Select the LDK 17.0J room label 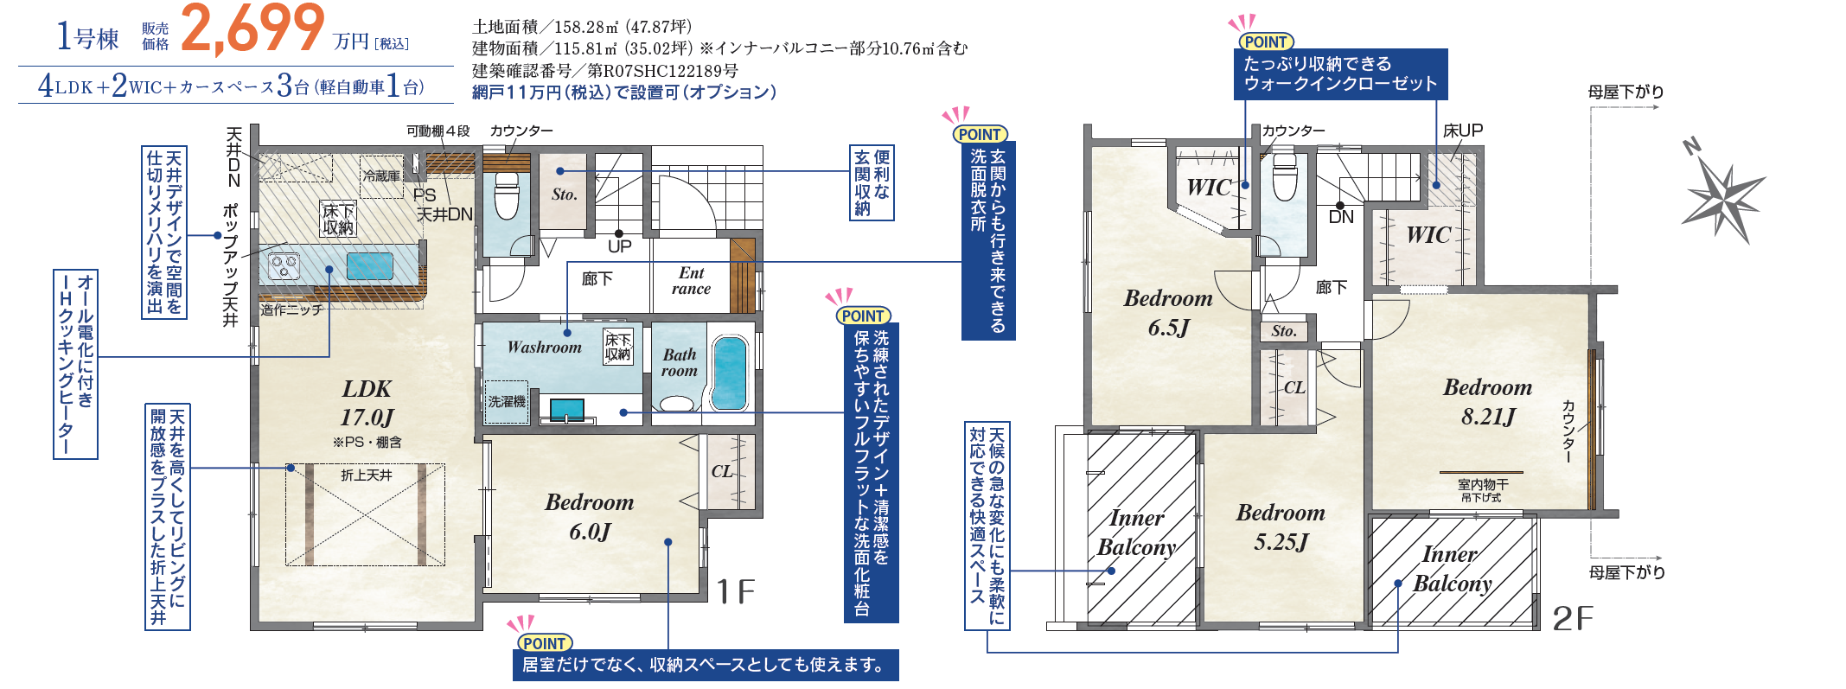click(367, 403)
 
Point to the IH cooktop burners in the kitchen click(284, 266)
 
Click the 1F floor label click(736, 592)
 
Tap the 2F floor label click(1573, 618)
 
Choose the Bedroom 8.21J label click(1488, 402)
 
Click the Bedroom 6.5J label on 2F click(1168, 313)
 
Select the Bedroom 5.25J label click(1281, 527)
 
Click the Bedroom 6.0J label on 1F click(590, 517)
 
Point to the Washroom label click(545, 348)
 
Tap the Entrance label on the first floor click(692, 281)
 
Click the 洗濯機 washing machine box click(506, 402)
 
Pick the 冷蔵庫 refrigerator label click(381, 175)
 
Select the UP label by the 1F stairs click(620, 246)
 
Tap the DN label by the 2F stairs click(1341, 217)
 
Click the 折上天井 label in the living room click(367, 475)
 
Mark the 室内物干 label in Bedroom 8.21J click(1482, 485)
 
